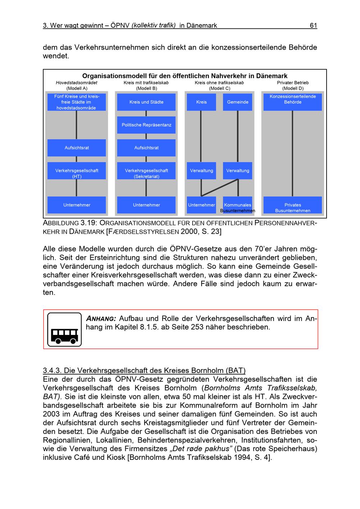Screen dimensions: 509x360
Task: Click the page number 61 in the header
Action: [313, 25]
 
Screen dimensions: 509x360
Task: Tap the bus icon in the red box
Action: [64, 330]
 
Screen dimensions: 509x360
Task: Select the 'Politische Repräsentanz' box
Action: [146, 125]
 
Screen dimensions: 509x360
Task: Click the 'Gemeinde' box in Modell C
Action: [238, 102]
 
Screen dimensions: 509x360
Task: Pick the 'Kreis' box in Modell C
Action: [201, 102]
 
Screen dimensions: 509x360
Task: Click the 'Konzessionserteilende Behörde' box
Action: [293, 102]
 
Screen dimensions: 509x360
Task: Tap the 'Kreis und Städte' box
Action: [146, 102]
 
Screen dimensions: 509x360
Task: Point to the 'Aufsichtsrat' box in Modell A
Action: [77, 148]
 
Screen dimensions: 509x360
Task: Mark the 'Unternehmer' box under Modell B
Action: [146, 205]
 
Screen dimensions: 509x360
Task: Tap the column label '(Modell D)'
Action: [293, 88]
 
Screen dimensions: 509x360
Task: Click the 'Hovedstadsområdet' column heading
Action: [76, 83]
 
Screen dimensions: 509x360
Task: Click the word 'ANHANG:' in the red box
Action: [101, 319]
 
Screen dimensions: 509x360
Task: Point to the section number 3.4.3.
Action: [52, 371]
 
